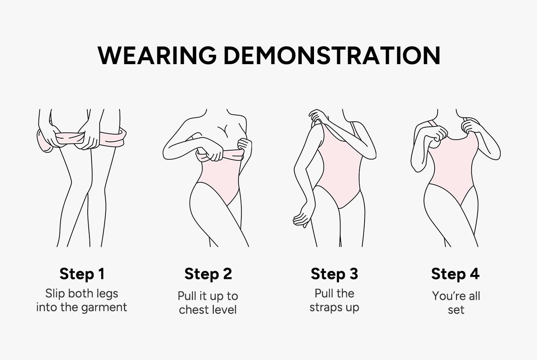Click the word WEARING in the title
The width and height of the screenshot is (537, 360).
pos(157,55)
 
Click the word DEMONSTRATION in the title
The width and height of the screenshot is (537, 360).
pos(332,55)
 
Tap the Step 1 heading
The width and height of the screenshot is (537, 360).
pos(82,274)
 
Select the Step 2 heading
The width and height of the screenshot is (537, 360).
pos(208,274)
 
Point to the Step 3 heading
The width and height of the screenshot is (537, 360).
pos(335,274)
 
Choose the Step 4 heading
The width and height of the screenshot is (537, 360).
pos(455,274)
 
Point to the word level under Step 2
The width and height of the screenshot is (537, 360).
pos(223,310)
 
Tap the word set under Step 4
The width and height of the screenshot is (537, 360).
pos(456,310)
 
